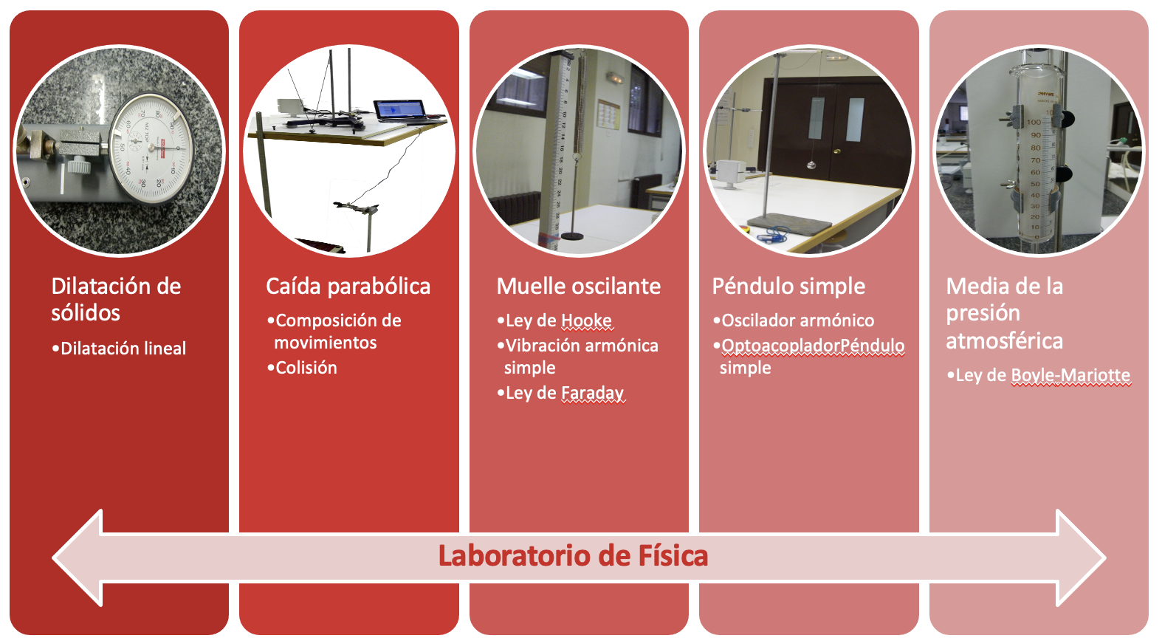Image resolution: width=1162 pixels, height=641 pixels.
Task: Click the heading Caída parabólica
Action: click(348, 287)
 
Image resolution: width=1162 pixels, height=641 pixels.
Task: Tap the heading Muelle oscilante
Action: click(578, 287)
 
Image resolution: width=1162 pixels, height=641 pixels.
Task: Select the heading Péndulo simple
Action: click(788, 287)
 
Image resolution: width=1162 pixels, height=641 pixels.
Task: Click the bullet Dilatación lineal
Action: click(119, 349)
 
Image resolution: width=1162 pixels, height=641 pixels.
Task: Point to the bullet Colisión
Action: click(302, 368)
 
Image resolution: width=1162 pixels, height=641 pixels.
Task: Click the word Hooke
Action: click(587, 320)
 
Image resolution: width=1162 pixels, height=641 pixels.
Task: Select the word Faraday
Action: click(592, 393)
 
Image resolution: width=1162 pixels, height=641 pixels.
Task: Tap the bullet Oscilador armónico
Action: click(794, 320)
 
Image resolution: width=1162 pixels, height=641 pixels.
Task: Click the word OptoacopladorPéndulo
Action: click(813, 346)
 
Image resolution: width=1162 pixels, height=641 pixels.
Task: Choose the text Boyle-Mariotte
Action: click(1070, 375)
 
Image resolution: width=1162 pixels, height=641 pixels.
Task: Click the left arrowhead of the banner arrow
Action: click(78, 558)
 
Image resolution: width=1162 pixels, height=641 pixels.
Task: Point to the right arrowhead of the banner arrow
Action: click(1081, 558)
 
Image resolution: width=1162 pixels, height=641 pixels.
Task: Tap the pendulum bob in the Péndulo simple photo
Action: click(811, 165)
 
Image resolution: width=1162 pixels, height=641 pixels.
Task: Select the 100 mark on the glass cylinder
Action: click(1034, 122)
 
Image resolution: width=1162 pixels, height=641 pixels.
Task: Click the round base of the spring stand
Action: click(572, 236)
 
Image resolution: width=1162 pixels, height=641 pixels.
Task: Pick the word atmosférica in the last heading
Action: click(1004, 341)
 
